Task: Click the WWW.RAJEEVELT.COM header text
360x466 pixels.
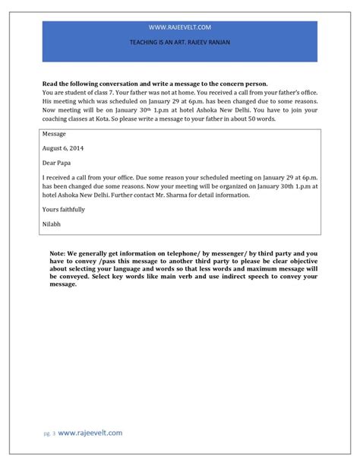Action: tap(180, 26)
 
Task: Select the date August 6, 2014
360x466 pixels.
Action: tap(64, 147)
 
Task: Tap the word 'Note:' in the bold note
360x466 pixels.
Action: tap(58, 252)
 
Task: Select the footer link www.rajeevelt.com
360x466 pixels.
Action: tap(90, 432)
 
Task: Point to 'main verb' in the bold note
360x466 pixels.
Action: tap(175, 279)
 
